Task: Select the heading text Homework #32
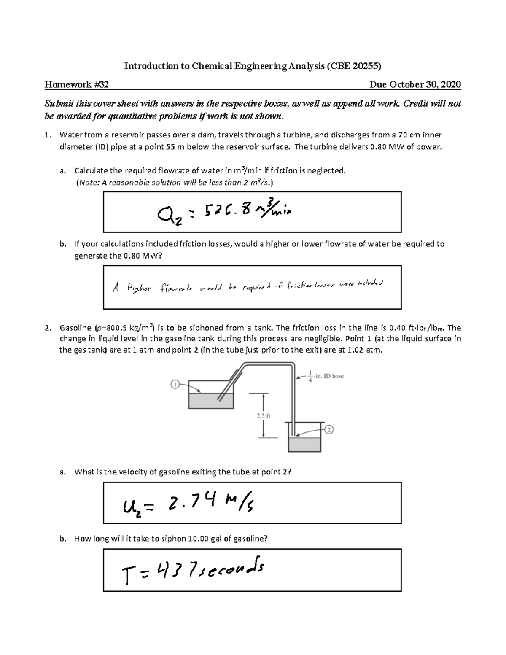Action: (77, 84)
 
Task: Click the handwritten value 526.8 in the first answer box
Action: (230, 210)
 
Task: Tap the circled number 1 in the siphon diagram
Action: (175, 384)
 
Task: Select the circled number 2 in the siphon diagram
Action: (329, 429)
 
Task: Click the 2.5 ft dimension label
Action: (263, 415)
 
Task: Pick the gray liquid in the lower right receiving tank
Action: (304, 444)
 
